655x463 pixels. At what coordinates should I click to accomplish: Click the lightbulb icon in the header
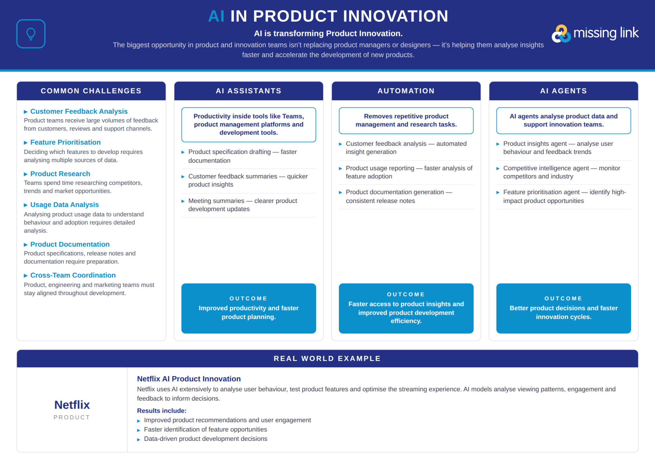[x=31, y=34]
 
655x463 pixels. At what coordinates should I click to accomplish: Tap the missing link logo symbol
[x=561, y=34]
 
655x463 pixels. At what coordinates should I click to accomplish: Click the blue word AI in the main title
[x=216, y=16]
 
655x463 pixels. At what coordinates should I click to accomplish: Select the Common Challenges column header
[x=91, y=91]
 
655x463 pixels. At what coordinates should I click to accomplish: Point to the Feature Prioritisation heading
[x=65, y=142]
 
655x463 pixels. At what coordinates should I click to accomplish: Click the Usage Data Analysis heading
[x=64, y=205]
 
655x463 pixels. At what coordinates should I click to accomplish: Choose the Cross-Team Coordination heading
[x=73, y=275]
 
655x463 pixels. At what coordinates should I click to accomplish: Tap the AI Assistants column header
[x=249, y=91]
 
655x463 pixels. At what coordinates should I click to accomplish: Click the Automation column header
[x=406, y=91]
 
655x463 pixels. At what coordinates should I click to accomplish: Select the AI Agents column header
[x=564, y=91]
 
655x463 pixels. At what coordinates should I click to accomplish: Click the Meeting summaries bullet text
[x=243, y=205]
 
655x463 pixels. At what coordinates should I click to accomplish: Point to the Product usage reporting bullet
[x=409, y=172]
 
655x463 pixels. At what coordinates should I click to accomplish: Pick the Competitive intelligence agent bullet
[x=561, y=172]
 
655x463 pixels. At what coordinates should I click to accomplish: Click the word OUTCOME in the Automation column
[x=406, y=294]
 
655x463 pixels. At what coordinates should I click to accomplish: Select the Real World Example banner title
[x=327, y=358]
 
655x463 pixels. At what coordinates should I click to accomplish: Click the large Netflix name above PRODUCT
[x=72, y=405]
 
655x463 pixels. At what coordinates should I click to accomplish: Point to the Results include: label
[x=162, y=411]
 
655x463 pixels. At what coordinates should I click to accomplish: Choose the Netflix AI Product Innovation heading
[x=189, y=379]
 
